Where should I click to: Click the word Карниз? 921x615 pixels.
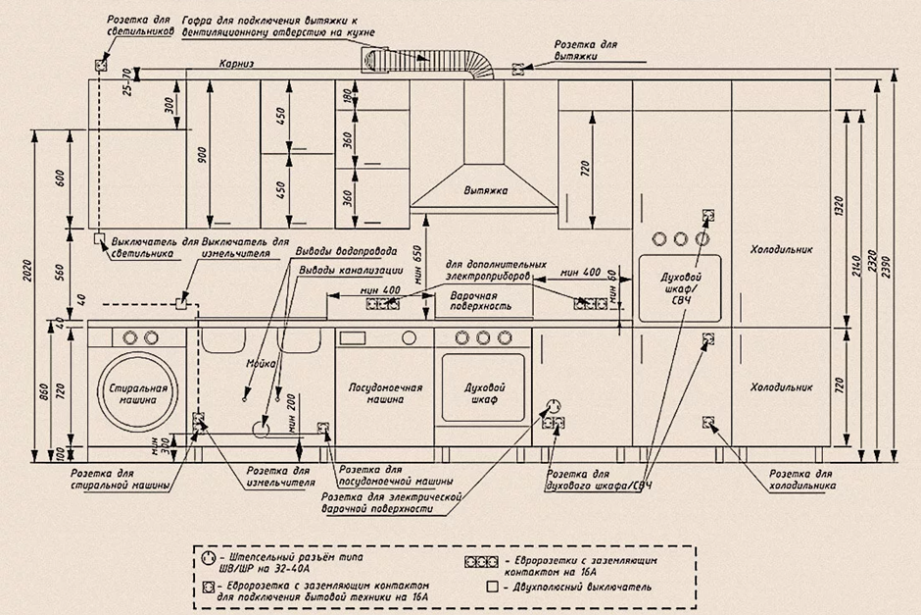237,65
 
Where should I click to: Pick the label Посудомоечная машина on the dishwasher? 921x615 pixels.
385,393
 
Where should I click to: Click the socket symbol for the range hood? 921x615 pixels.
518,69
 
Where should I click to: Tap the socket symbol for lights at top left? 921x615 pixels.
101,65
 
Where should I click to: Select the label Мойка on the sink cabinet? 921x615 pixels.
258,364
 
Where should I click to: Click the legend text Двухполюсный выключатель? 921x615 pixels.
580,588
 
